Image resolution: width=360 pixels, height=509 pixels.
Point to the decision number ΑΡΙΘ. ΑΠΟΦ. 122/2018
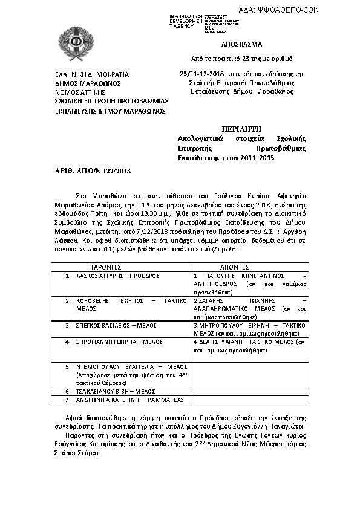[88, 172]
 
